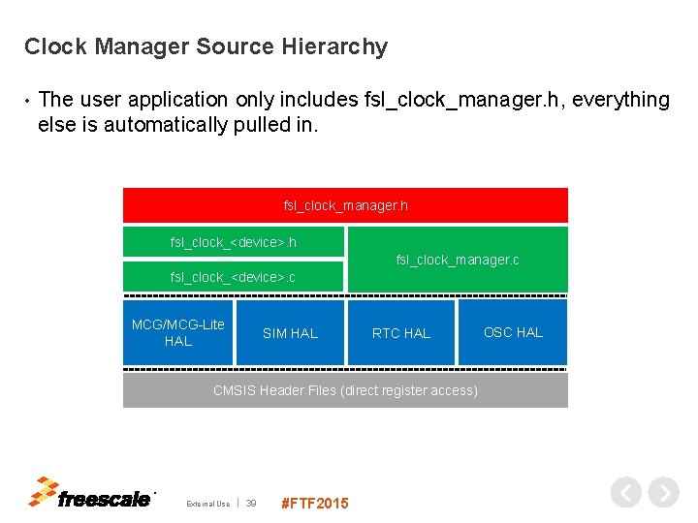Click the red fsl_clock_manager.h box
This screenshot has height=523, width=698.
345,205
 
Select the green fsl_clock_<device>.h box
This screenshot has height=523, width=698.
233,241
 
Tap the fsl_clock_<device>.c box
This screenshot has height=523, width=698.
233,276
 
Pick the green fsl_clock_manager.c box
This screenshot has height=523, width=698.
458,260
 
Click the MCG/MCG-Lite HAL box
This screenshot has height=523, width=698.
178,332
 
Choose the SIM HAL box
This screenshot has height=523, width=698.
290,332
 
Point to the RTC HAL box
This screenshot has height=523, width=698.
401,332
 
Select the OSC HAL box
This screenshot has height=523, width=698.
513,332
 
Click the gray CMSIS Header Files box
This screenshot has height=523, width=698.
345,390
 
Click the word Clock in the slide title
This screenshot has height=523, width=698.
54,46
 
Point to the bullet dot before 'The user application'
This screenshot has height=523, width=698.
28,101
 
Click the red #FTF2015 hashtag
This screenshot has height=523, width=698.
313,503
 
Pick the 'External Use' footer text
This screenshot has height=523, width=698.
208,504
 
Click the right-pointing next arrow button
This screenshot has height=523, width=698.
663,493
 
